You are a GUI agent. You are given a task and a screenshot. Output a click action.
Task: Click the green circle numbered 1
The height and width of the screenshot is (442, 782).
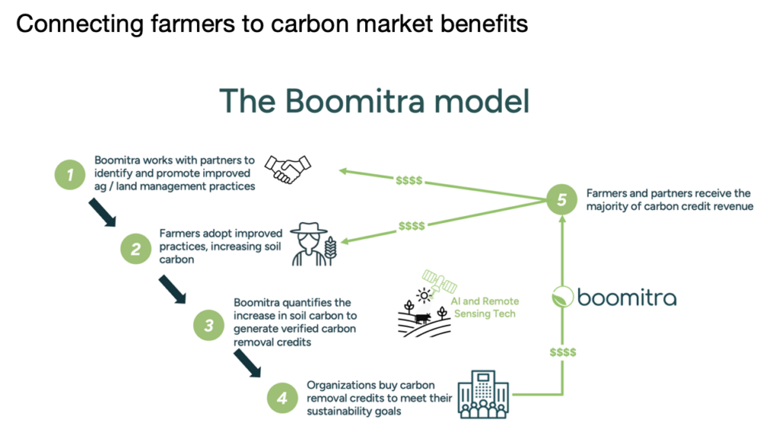pos(70,175)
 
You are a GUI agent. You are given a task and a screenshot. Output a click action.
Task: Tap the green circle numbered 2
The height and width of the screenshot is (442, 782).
pos(135,248)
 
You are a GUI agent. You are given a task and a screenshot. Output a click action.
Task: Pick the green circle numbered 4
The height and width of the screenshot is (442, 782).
pos(282,398)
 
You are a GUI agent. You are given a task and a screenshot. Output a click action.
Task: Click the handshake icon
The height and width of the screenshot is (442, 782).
pos(287,169)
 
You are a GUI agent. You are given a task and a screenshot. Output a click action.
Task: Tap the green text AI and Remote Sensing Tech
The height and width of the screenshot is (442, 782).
pos(488,308)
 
